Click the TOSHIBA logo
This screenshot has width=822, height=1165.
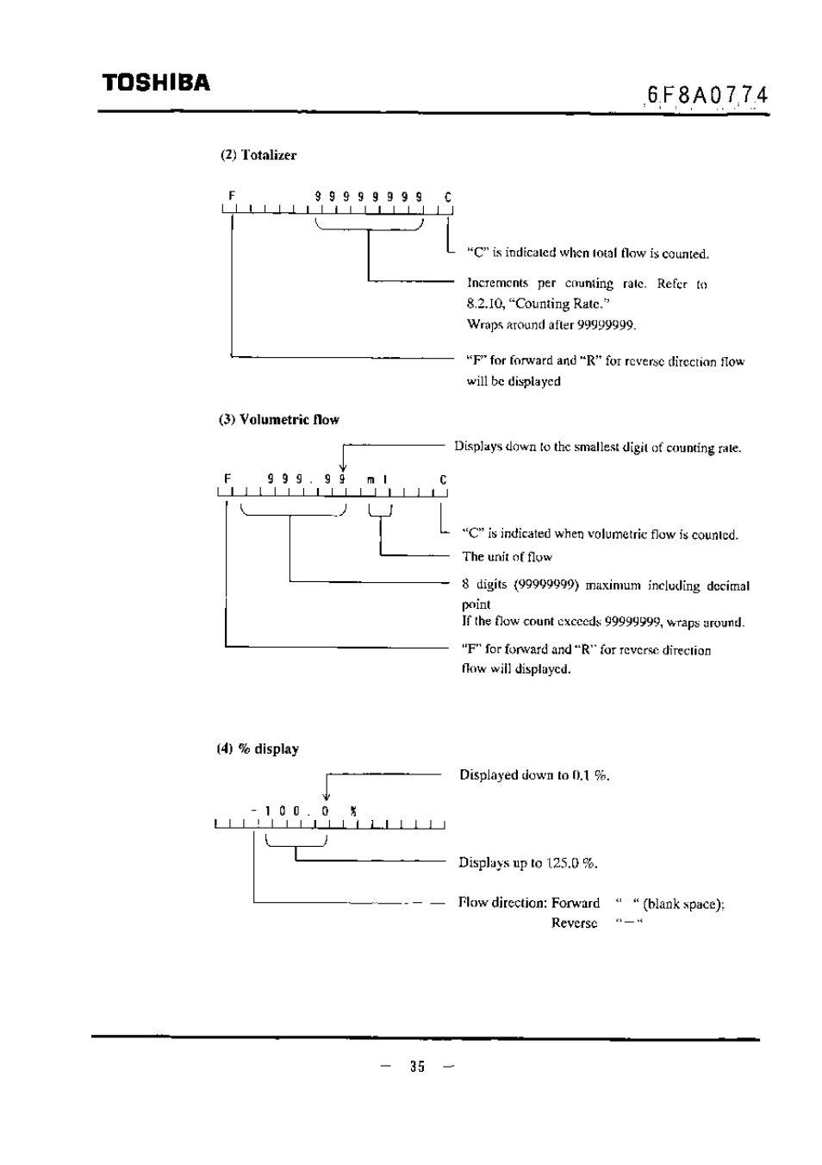(157, 83)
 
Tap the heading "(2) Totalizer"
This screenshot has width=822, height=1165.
(258, 155)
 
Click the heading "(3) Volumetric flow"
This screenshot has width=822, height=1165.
(279, 420)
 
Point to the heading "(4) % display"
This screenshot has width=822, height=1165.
(258, 748)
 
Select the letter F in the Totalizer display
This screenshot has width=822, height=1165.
(233, 196)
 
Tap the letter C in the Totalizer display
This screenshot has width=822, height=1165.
(448, 197)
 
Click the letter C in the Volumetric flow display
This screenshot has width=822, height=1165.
(443, 479)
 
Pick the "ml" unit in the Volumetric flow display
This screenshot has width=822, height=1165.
(377, 480)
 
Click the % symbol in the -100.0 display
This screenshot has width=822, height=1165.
(353, 811)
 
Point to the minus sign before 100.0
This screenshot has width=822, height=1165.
(254, 811)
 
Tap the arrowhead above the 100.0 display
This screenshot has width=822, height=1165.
(327, 798)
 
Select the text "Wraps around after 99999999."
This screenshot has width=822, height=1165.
(551, 325)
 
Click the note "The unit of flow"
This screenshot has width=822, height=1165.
(508, 557)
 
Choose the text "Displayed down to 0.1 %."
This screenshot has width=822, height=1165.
(534, 775)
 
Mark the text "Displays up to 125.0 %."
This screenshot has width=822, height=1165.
(528, 863)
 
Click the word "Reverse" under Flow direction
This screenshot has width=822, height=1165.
(574, 924)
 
